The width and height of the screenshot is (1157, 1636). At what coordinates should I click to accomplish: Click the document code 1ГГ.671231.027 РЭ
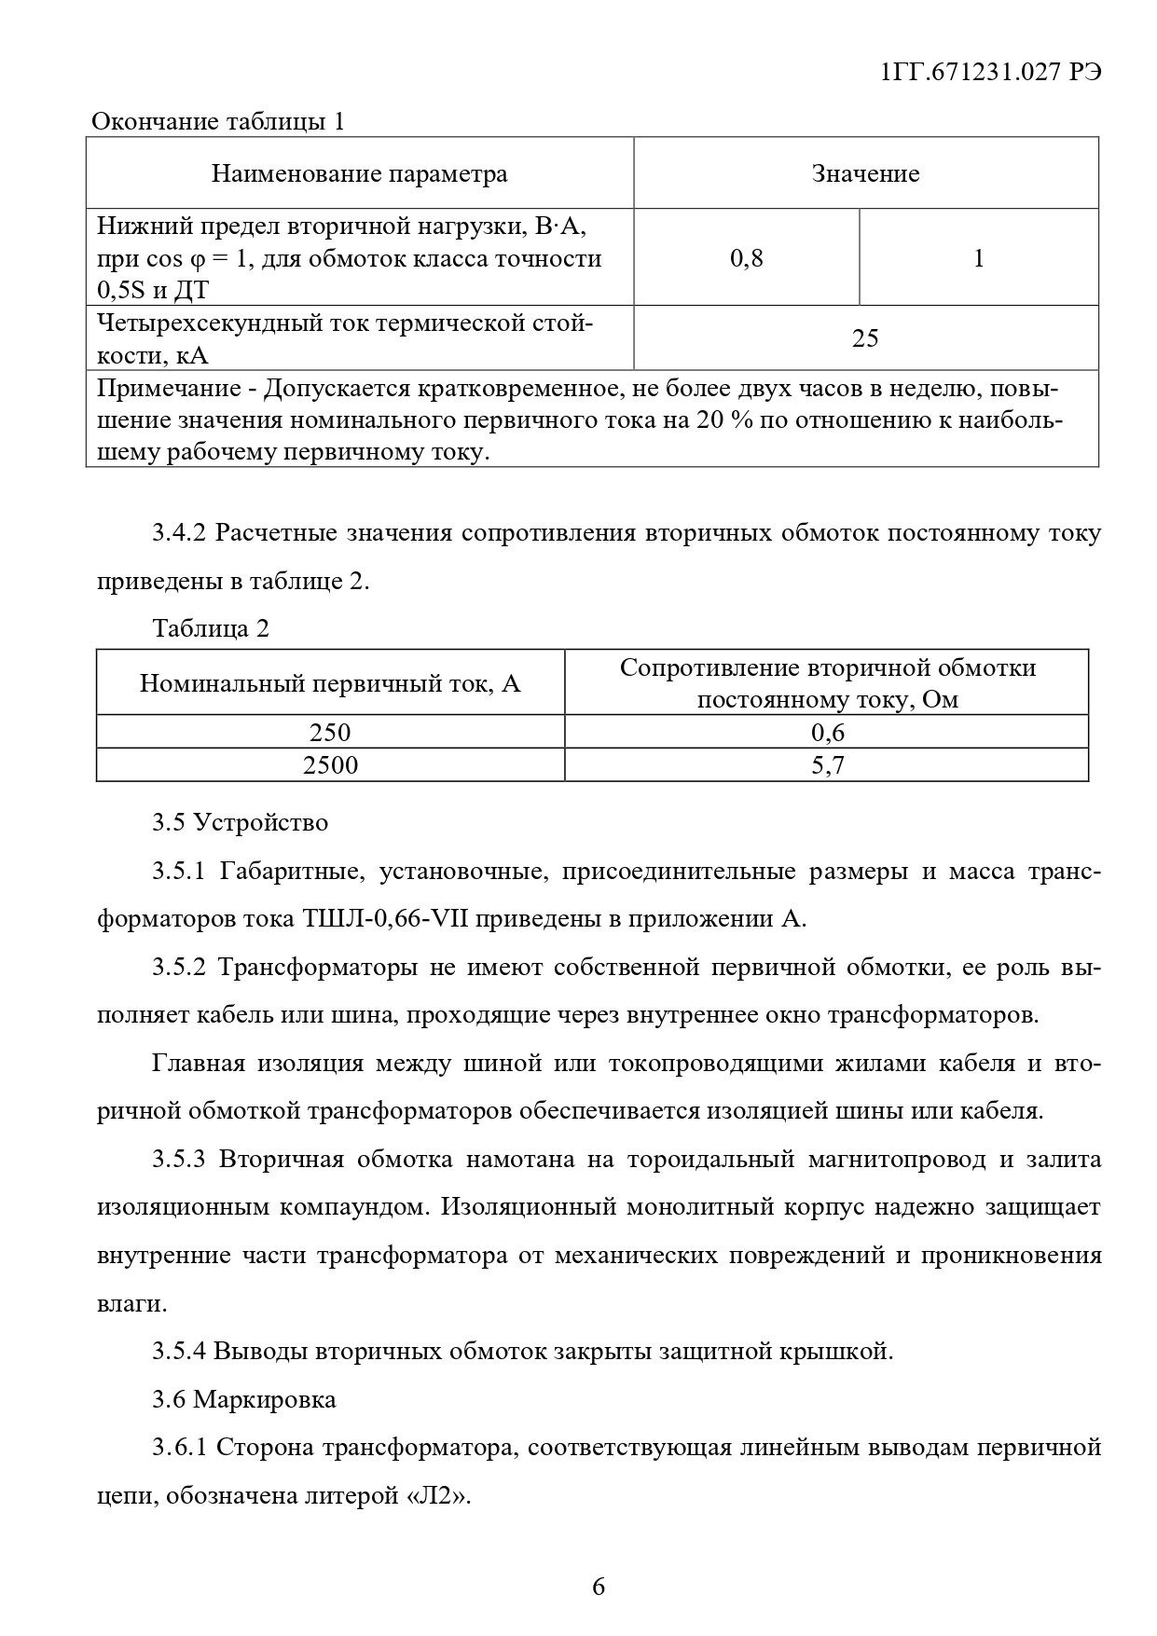coord(990,73)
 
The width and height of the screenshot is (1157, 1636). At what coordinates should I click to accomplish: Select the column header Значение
coord(865,173)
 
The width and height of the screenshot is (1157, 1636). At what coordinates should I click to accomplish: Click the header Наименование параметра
coord(359,173)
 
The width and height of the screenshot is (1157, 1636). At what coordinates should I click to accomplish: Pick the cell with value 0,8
coord(746,258)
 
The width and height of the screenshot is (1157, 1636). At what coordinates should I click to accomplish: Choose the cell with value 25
coord(865,337)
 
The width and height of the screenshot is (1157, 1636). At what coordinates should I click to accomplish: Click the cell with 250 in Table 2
coord(330,732)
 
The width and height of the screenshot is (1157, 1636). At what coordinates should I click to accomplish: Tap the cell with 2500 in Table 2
coord(330,765)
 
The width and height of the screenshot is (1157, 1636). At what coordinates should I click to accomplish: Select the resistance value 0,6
coord(827,732)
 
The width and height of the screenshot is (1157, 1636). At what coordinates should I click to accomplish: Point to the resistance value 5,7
coord(827,765)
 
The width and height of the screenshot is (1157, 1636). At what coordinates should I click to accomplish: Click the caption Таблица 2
coord(211,628)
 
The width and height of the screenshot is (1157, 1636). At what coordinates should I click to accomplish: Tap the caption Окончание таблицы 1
coord(217,121)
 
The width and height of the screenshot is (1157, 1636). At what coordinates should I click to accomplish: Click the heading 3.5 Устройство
coord(241,822)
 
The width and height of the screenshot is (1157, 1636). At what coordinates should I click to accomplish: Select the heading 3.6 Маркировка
coord(244,1399)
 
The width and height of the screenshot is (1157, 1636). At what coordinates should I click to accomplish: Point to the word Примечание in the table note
coord(169,388)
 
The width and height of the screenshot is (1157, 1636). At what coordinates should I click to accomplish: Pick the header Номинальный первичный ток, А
coord(330,683)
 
